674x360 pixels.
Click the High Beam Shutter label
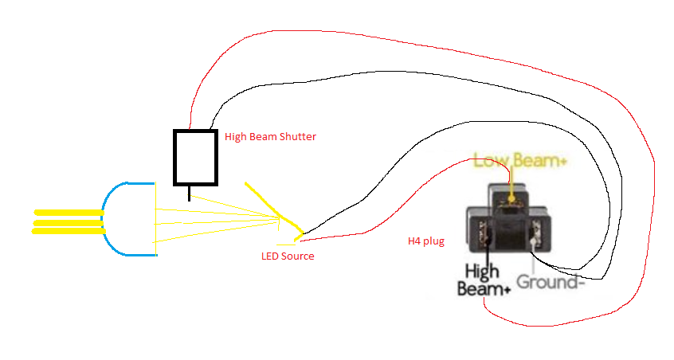pyautogui.click(x=270, y=137)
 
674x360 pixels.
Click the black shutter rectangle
pyautogui.click(x=195, y=157)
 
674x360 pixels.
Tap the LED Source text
pyautogui.click(x=288, y=256)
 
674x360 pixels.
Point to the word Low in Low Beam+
pyautogui.click(x=489, y=161)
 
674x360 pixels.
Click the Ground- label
pyautogui.click(x=551, y=283)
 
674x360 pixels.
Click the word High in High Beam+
pyautogui.click(x=481, y=273)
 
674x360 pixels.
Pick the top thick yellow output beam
pyautogui.click(x=69, y=213)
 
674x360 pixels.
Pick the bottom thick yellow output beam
pyautogui.click(x=69, y=231)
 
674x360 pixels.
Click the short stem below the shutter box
pyautogui.click(x=189, y=192)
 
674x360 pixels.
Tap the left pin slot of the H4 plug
pyautogui.click(x=481, y=234)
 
